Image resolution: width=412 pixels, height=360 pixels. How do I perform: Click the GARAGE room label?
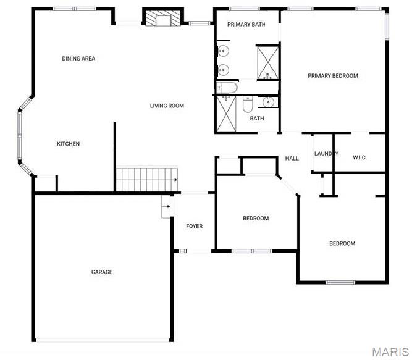(x=102, y=272)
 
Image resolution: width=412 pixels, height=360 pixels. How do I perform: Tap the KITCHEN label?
(x=69, y=144)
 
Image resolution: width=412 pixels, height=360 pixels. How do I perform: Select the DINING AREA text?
(x=78, y=59)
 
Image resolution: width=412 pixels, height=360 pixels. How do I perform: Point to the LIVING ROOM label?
(x=167, y=106)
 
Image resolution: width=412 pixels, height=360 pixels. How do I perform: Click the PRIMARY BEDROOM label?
(x=333, y=76)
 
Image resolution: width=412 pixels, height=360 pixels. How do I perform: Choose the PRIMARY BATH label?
(x=246, y=25)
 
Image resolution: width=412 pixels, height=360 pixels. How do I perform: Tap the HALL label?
(x=292, y=158)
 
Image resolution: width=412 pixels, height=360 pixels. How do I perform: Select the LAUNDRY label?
(x=326, y=154)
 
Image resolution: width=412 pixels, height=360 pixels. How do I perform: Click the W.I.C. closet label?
(x=359, y=157)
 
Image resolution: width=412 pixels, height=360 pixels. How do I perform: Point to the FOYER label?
(x=195, y=227)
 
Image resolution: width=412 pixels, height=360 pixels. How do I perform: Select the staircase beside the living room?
(x=147, y=180)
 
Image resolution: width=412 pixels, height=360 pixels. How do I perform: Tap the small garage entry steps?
(x=166, y=206)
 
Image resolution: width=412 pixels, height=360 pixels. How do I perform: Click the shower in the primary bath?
(x=267, y=62)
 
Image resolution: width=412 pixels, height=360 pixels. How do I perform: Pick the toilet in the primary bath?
(x=227, y=88)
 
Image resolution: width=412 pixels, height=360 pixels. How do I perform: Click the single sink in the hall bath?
(x=267, y=102)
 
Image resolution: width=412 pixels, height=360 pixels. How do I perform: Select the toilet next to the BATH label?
(x=248, y=104)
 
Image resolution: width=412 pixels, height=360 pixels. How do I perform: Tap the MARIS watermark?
(x=390, y=352)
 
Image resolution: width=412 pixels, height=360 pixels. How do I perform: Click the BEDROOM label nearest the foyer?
(x=256, y=219)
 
